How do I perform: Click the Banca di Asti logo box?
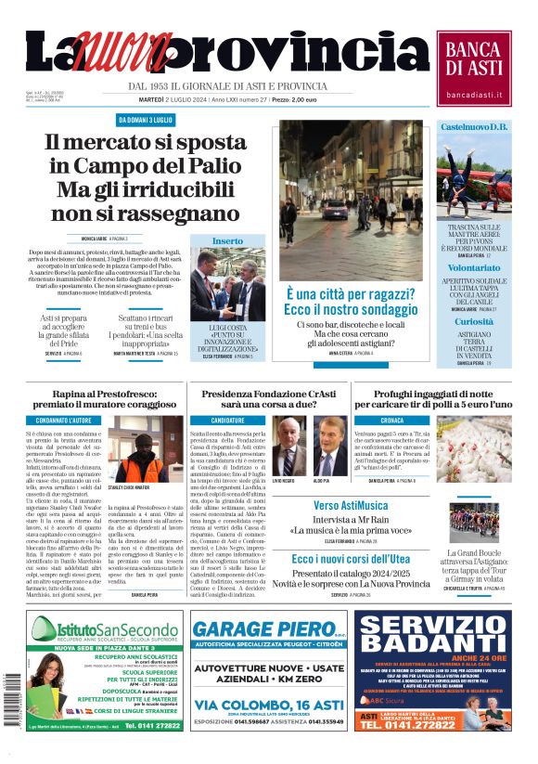click(x=478, y=66)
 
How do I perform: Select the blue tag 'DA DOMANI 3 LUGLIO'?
click(x=150, y=120)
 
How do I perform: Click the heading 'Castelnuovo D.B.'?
click(x=473, y=126)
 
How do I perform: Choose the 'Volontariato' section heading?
click(x=473, y=266)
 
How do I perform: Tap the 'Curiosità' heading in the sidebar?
click(x=473, y=321)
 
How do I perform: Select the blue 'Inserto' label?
click(x=227, y=240)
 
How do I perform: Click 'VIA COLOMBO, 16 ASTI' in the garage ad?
click(x=268, y=706)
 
